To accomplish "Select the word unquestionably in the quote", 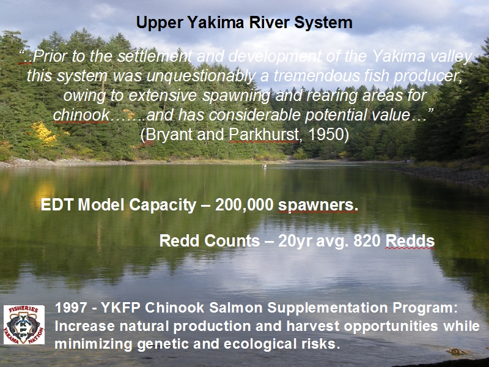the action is coord(200,76).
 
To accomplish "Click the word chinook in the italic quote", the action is coord(81,115).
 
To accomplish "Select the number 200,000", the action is coord(244,205).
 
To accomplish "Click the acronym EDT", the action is coord(57,205).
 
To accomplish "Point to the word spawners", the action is coord(318,206).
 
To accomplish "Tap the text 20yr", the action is coord(295,241).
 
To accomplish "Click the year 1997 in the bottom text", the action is coord(71,308).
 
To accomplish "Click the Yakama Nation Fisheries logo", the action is coord(24,325).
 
